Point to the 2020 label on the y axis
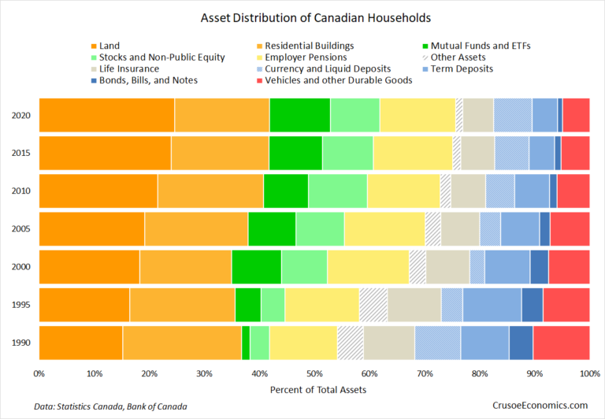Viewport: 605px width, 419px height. click(x=22, y=115)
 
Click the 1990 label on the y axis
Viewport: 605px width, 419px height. click(x=22, y=343)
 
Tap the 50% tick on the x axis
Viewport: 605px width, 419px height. click(x=314, y=374)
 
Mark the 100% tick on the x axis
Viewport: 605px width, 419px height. click(x=588, y=374)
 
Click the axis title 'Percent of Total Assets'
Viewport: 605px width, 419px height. click(x=314, y=390)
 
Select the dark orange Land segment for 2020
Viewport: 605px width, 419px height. click(x=106, y=115)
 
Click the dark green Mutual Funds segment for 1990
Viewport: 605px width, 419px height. click(x=246, y=343)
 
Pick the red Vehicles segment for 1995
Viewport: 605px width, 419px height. click(x=566, y=306)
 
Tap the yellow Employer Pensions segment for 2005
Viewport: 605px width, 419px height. click(x=384, y=229)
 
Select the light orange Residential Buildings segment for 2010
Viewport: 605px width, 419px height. click(x=210, y=191)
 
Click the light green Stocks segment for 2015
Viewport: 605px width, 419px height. click(x=347, y=153)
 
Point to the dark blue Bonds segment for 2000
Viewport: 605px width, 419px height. click(x=539, y=267)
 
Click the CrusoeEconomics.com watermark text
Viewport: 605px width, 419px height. click(x=540, y=405)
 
